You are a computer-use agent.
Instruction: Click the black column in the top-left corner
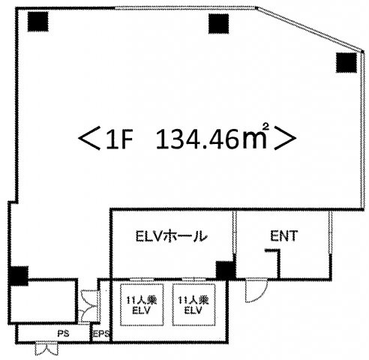pos(37,22)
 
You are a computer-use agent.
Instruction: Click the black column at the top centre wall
pos(219,23)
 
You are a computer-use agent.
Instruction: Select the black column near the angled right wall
pos(346,62)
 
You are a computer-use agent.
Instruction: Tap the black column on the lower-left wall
pos(18,276)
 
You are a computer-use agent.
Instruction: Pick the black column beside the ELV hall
pos(226,270)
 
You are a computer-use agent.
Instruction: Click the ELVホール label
pos(172,236)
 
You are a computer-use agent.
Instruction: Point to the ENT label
pos(284,235)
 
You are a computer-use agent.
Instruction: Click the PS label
pos(63,333)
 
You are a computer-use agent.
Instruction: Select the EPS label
pos(101,334)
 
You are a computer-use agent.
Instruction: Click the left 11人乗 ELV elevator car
pos(142,305)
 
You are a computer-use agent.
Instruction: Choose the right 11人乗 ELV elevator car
pos(193,305)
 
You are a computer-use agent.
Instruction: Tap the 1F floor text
pos(119,140)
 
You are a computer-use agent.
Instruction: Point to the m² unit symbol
pos(255,136)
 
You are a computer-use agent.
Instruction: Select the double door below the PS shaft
pos(46,349)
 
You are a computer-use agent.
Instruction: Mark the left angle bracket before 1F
pos(89,138)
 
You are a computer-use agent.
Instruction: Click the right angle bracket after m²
pos(285,138)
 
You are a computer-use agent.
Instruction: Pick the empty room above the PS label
pos(43,301)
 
